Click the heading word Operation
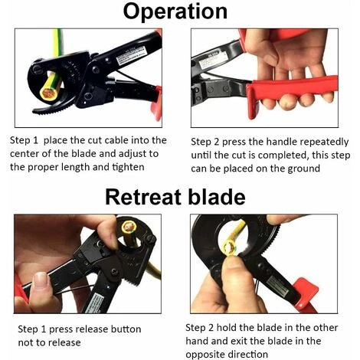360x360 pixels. [175, 12]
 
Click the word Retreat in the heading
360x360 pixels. [143, 197]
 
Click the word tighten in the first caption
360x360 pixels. [128, 167]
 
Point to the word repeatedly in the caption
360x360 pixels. [324, 142]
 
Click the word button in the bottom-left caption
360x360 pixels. [126, 329]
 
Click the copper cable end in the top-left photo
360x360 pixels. [49, 93]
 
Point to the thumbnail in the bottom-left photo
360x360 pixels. [41, 280]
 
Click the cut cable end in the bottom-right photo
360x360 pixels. [231, 247]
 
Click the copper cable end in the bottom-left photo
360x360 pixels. [129, 227]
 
